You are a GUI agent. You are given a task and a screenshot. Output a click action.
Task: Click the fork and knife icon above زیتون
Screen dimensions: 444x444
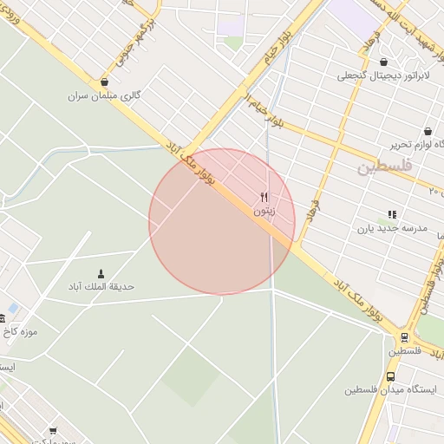[x=264, y=197]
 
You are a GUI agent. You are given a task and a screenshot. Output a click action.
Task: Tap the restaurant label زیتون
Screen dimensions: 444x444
[x=264, y=210]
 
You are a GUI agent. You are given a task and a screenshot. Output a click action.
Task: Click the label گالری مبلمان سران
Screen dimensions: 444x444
[x=104, y=95]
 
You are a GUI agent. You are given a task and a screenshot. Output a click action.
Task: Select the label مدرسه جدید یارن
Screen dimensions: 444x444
[x=392, y=227]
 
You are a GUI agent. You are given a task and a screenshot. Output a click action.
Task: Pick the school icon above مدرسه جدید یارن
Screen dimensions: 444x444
[x=392, y=214]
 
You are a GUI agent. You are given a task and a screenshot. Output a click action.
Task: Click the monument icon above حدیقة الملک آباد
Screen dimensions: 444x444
[x=101, y=273]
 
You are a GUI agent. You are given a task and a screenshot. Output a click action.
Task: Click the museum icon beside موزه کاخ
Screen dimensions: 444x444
[x=13, y=318]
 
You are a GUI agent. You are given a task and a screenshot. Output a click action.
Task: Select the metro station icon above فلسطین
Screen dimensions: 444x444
[x=404, y=337]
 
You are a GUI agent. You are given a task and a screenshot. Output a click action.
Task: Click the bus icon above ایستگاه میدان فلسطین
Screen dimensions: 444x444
[x=390, y=377]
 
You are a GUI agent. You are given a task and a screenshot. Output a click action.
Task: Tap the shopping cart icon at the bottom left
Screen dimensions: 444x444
[x=54, y=430]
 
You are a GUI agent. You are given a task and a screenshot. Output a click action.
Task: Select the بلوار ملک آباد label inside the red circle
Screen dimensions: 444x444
[x=198, y=164]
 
